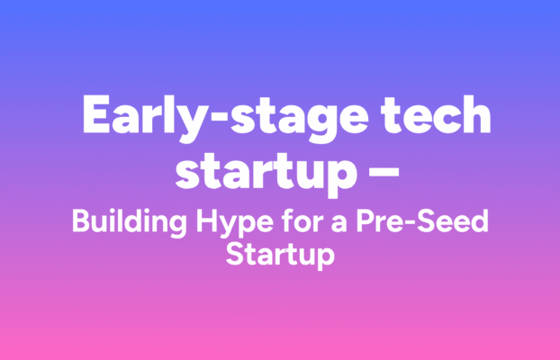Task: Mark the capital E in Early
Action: coord(93,115)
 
